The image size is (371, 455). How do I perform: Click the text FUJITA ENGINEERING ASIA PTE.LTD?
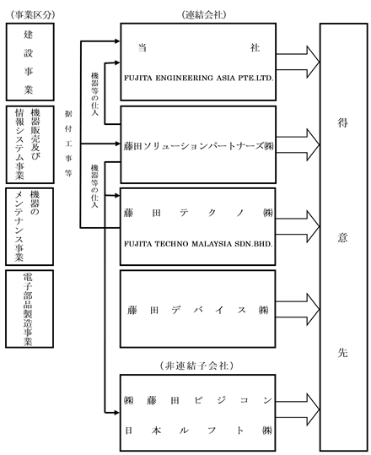click(199, 78)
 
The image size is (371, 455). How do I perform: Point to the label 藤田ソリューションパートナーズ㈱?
click(198, 146)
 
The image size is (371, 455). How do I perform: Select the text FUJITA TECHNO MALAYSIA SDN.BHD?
click(198, 244)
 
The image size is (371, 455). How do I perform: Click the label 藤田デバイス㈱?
click(198, 310)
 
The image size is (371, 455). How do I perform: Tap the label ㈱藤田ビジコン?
click(198, 400)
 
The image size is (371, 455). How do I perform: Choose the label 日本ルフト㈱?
click(198, 431)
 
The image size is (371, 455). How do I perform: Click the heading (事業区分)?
click(32, 15)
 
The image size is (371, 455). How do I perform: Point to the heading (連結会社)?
click(204, 15)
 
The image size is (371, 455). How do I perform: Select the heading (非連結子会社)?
click(196, 366)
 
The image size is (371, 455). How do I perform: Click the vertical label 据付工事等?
click(68, 144)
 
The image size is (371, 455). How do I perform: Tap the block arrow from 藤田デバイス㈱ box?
click(298, 309)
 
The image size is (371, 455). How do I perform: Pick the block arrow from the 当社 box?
click(298, 62)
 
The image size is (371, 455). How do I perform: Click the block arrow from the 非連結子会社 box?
click(298, 409)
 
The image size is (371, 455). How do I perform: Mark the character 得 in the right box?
click(342, 122)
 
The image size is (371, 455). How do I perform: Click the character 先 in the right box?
click(342, 353)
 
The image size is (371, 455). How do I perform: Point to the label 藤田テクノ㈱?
click(198, 214)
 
